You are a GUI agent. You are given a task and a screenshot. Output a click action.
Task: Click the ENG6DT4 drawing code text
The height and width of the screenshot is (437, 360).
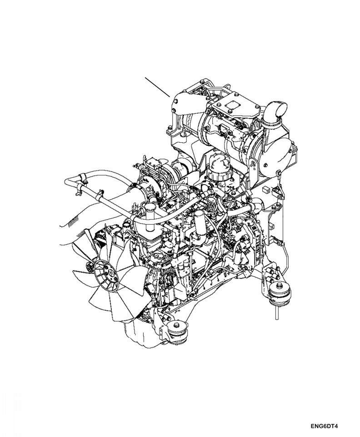[325, 427]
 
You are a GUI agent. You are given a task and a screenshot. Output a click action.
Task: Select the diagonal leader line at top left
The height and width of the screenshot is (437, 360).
[157, 87]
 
